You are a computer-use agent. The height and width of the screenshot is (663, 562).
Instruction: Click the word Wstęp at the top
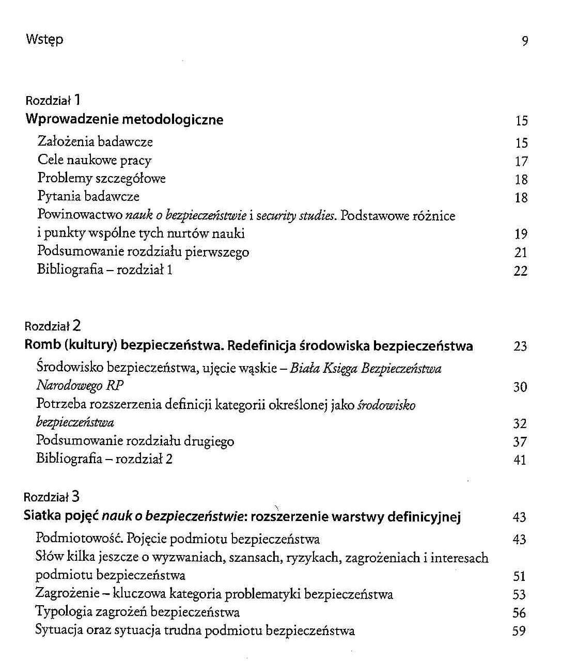pyautogui.click(x=44, y=39)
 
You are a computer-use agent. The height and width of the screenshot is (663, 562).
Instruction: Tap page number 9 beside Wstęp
pyautogui.click(x=524, y=41)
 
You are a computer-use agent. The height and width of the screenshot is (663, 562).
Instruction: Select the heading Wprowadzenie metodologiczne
pyautogui.click(x=124, y=120)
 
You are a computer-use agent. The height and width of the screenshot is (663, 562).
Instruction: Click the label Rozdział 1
pyautogui.click(x=53, y=100)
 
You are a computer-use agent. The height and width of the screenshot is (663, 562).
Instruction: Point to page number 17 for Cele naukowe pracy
pyautogui.click(x=521, y=162)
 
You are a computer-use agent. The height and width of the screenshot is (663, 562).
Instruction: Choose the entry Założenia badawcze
pyautogui.click(x=95, y=141)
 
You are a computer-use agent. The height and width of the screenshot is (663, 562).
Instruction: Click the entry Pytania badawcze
pyautogui.click(x=88, y=196)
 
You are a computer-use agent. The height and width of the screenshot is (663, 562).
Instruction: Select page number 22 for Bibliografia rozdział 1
pyautogui.click(x=521, y=271)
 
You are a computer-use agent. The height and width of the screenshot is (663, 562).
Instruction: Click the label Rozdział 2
pyautogui.click(x=53, y=326)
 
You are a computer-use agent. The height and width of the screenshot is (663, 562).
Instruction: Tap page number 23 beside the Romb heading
pyautogui.click(x=520, y=346)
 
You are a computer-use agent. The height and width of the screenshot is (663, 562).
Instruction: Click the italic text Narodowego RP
pyautogui.click(x=80, y=386)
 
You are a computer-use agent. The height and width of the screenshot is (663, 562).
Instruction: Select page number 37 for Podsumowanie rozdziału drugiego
pyautogui.click(x=520, y=442)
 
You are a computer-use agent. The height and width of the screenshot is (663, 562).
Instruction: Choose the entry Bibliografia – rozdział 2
pyautogui.click(x=104, y=459)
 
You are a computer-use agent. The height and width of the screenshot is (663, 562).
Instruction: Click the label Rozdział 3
pyautogui.click(x=52, y=497)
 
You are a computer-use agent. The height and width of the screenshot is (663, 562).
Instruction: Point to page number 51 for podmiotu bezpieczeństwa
pyautogui.click(x=519, y=576)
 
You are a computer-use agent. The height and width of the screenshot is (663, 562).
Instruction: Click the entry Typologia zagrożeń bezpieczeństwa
pyautogui.click(x=137, y=612)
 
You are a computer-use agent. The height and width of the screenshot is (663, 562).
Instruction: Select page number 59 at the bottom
pyautogui.click(x=519, y=631)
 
